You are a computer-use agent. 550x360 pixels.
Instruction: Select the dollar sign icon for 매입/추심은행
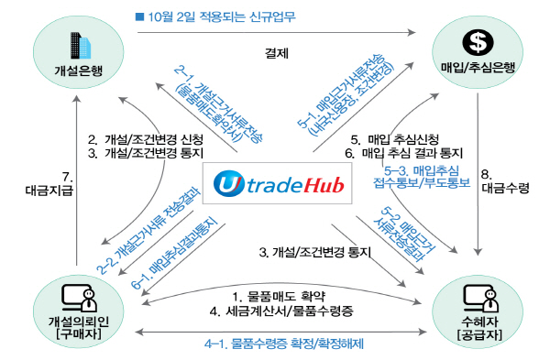coord(476,42)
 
